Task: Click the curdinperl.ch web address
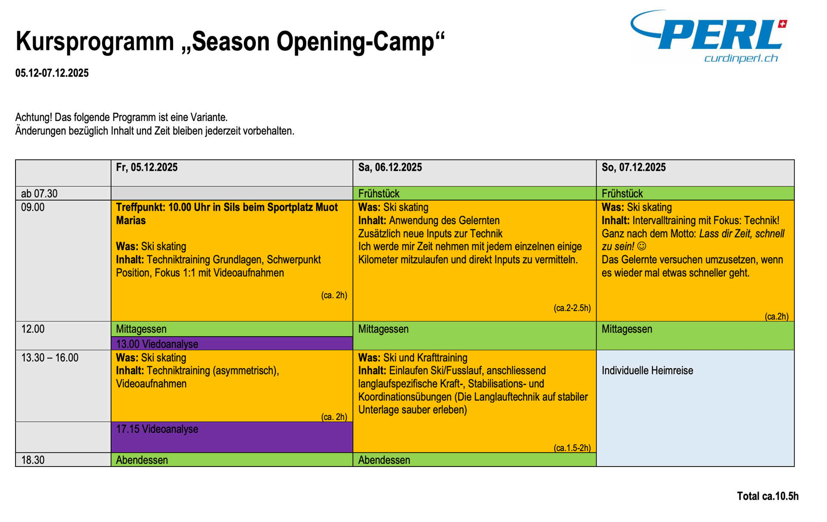coord(741,58)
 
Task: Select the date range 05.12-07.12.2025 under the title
coord(52,73)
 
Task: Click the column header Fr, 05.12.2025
coord(147,167)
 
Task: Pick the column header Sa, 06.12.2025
coord(390,167)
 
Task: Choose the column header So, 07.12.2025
coord(634,167)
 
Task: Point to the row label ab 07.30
coord(39,194)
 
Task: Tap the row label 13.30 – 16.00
coord(50,358)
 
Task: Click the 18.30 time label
coord(33,460)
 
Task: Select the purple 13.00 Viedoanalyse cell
coord(232,343)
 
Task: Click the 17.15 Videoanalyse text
coord(157,429)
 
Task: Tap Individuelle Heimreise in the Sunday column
coord(647,371)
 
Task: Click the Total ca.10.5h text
coord(768,496)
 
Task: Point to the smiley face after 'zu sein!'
coord(642,247)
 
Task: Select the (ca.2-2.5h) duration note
coord(572,308)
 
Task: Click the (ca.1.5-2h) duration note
coord(572,448)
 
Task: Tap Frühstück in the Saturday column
coord(379,194)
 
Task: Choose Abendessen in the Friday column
coord(142,460)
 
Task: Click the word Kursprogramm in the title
coord(95,42)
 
